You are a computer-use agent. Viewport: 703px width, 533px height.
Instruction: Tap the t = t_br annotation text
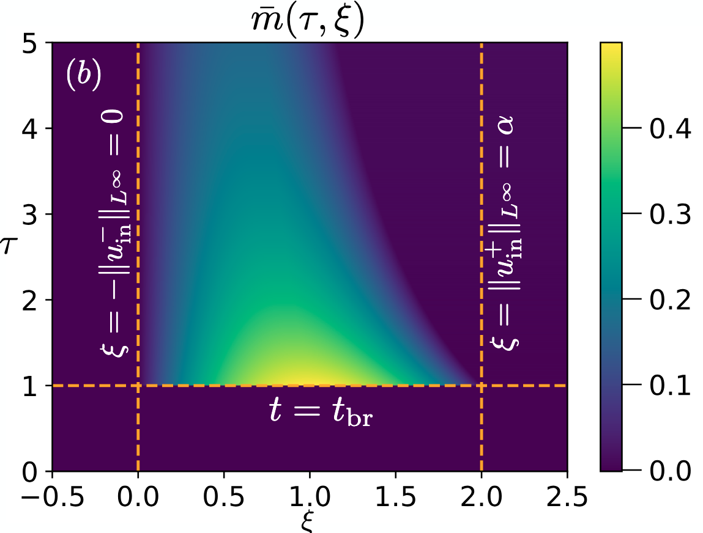[321, 413]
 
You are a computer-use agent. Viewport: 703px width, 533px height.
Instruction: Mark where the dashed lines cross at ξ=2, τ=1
[482, 386]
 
